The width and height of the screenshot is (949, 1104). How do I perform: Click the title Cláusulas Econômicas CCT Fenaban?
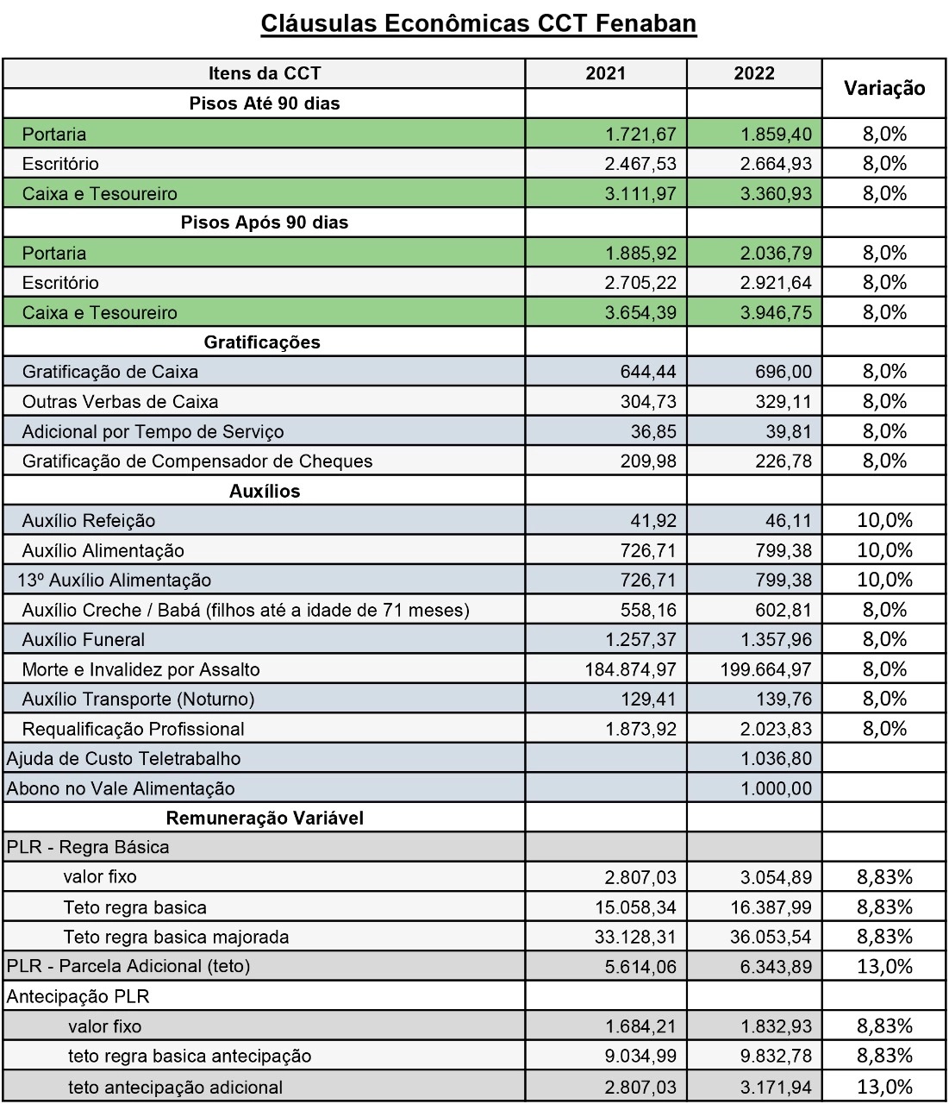(x=478, y=22)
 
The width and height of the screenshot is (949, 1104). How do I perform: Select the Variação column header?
(x=884, y=88)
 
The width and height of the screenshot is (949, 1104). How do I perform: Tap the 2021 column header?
(x=605, y=73)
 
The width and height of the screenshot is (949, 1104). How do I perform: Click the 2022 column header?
(x=754, y=73)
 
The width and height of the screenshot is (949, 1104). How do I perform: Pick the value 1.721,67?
(x=640, y=135)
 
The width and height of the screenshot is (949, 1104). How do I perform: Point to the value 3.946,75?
(x=776, y=313)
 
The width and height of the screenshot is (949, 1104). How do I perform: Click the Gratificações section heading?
(x=262, y=342)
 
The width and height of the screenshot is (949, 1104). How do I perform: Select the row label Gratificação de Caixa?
(x=110, y=373)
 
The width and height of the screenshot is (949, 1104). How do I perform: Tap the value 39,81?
(x=788, y=432)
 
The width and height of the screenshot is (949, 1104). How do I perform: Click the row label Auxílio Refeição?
(x=89, y=521)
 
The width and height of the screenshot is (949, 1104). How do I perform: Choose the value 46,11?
(x=788, y=521)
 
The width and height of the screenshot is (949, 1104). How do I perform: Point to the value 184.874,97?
(x=630, y=670)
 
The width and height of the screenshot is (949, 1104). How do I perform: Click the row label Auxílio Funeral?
(x=84, y=640)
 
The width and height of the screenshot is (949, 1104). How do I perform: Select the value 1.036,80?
(x=776, y=759)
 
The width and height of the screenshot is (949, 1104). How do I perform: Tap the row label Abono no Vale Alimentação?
(x=121, y=788)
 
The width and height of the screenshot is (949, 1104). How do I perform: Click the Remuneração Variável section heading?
(x=265, y=819)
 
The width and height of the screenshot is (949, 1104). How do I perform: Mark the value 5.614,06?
(x=640, y=967)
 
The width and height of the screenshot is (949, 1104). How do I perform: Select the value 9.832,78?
(x=776, y=1057)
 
